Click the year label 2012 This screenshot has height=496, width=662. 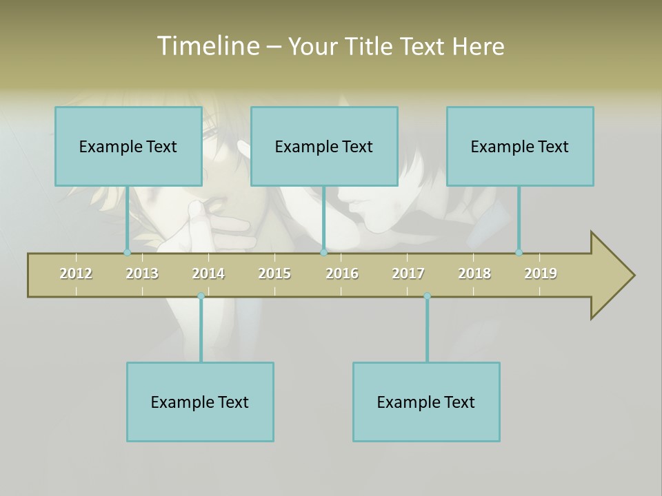tap(76, 273)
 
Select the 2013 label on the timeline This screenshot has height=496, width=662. tap(142, 273)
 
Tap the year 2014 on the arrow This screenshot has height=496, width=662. tap(208, 273)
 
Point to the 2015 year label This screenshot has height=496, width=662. tap(274, 273)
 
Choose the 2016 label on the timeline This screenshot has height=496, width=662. tap(342, 273)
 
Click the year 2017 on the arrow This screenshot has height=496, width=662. tap(408, 273)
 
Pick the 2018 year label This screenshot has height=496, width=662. tap(474, 273)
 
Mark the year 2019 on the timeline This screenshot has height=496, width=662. tap(541, 273)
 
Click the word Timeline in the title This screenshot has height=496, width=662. tap(208, 46)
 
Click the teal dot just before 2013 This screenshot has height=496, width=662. tap(127, 253)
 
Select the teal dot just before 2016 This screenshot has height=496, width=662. tap(324, 253)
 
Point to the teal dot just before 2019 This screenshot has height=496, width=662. tap(519, 253)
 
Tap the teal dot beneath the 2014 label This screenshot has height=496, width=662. tap(201, 296)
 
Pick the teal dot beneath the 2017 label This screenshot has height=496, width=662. tap(427, 296)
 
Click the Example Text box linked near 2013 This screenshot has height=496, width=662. tap(128, 146)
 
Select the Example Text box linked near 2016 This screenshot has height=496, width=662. tap(324, 146)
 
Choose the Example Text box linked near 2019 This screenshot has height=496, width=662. tap(520, 146)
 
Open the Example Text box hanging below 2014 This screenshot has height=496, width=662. tap(200, 402)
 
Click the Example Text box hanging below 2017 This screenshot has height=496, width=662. tap(426, 402)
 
